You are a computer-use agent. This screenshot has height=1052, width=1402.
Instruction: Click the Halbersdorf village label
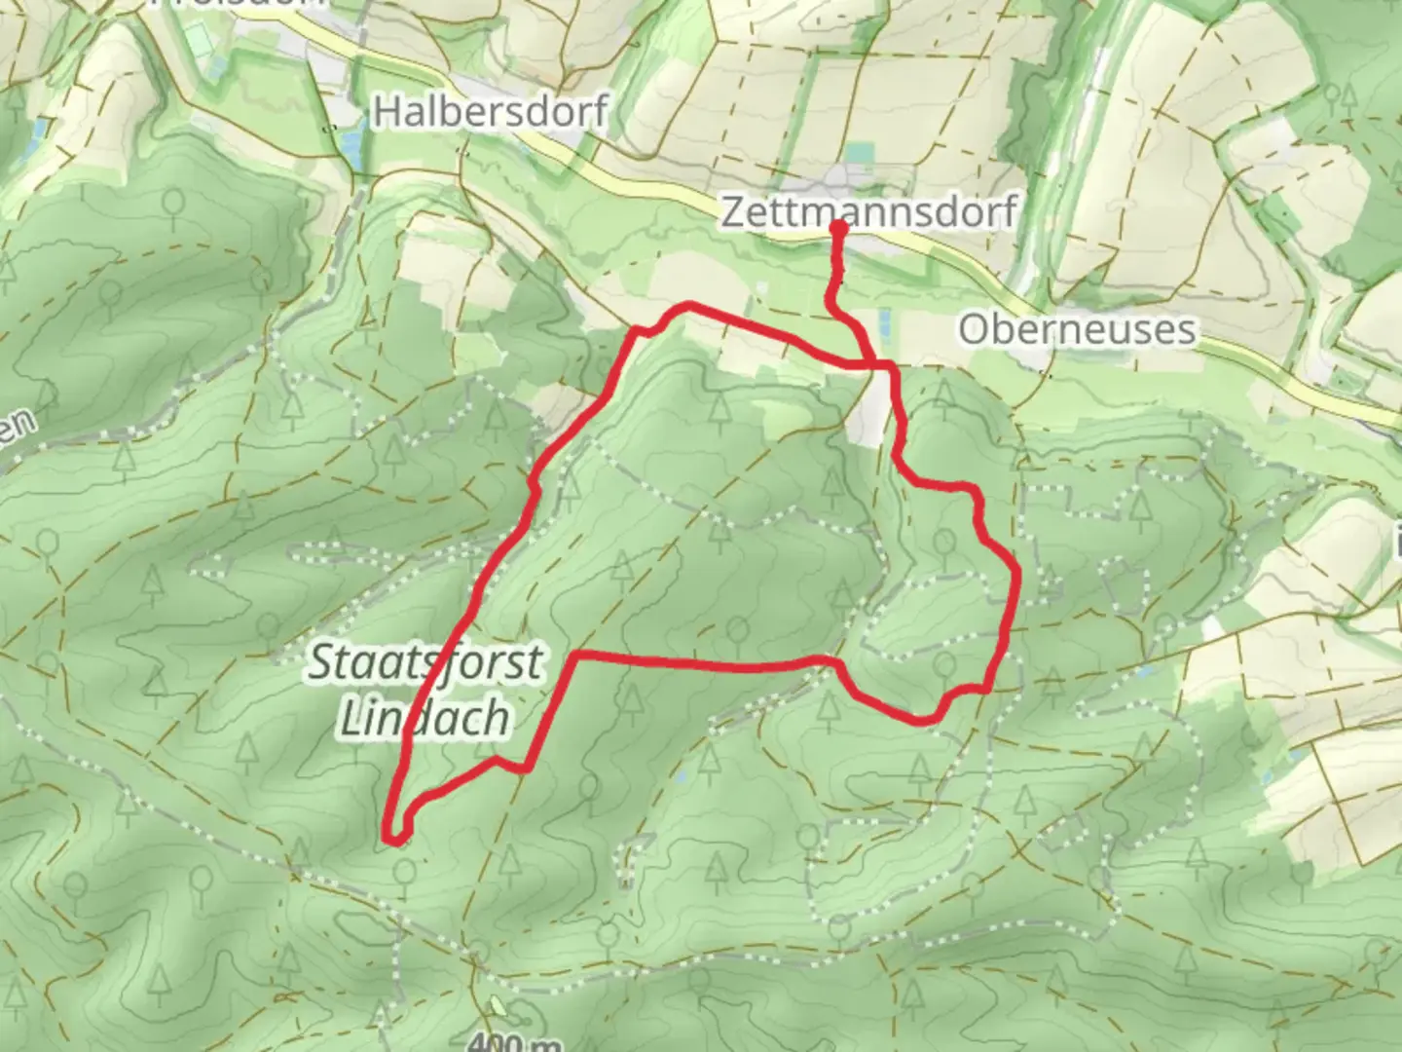(490, 112)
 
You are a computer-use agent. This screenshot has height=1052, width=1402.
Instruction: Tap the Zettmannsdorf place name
(868, 211)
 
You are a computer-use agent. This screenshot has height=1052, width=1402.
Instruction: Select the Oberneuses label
(1076, 329)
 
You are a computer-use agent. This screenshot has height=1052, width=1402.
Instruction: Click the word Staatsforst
(425, 664)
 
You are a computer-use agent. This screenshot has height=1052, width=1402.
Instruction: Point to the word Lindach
(424, 719)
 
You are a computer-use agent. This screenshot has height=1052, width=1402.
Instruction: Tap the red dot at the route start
(837, 227)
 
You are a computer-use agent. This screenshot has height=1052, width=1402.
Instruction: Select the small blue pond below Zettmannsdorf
(885, 321)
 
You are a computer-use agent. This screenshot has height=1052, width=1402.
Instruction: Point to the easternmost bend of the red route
(1016, 575)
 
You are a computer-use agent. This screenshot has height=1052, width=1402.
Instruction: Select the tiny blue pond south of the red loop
(683, 776)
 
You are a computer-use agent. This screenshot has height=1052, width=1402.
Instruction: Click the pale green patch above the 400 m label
(498, 1007)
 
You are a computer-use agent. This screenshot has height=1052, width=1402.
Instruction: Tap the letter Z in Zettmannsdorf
(732, 212)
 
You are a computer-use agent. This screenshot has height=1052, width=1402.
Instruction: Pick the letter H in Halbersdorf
(386, 112)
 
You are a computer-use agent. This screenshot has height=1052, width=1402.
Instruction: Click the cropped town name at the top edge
(239, 4)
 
